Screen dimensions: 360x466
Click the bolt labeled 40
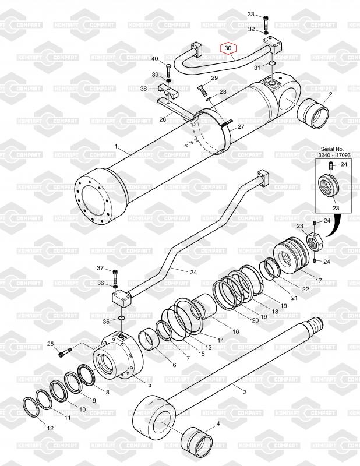tap(168, 70)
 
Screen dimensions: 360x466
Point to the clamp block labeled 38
tap(168, 91)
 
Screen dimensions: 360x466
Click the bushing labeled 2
tap(313, 113)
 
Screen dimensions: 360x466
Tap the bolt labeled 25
tap(65, 352)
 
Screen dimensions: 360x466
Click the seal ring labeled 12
tap(31, 407)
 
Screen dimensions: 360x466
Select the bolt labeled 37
tap(116, 276)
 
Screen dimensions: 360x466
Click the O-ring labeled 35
tap(122, 319)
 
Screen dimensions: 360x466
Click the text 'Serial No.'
tap(332, 149)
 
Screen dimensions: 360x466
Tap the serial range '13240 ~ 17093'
tap(333, 155)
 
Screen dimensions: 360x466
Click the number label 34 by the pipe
tap(193, 272)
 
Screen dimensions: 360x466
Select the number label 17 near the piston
tap(319, 280)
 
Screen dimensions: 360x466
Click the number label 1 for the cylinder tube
tap(117, 146)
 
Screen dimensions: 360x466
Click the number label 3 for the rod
tap(245, 392)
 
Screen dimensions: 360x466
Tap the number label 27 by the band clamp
tap(241, 126)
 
